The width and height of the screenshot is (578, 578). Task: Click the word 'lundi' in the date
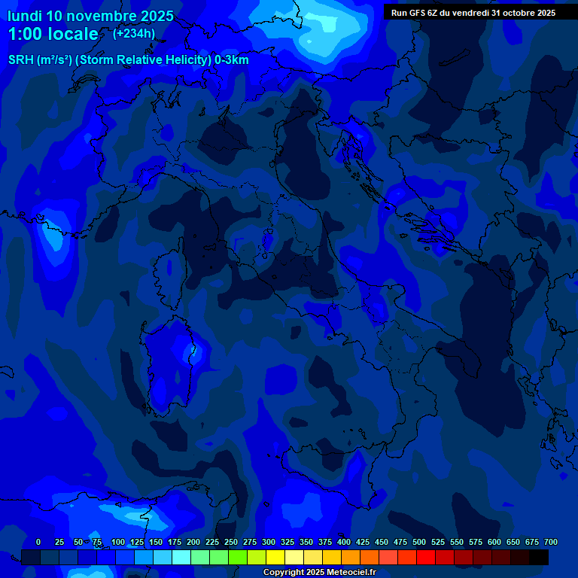tap(24, 16)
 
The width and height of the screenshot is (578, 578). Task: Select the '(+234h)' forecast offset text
tap(134, 33)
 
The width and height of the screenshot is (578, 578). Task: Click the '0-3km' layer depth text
tap(232, 59)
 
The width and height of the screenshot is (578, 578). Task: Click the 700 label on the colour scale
tap(550, 542)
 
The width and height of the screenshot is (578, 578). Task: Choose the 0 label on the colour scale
tap(38, 542)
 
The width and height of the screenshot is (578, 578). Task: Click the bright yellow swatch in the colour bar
tap(275, 558)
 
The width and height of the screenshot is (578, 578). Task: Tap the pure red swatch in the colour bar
tap(426, 558)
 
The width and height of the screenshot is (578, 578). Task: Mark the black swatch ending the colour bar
tap(539, 558)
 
